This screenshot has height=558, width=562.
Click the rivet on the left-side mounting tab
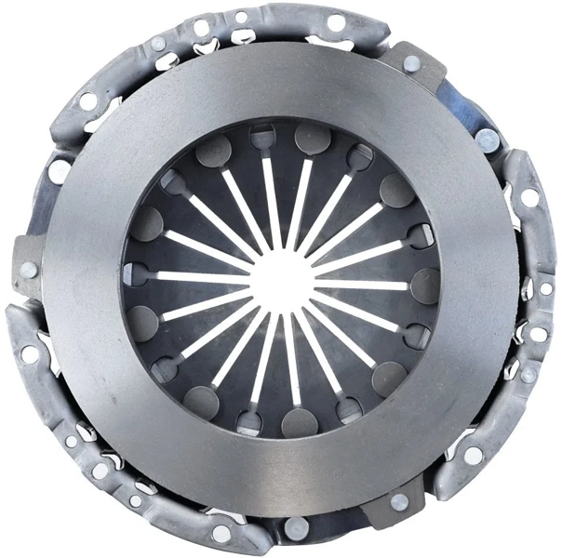29,269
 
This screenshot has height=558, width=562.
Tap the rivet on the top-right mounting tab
410,63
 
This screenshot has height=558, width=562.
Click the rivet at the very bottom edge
297,527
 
